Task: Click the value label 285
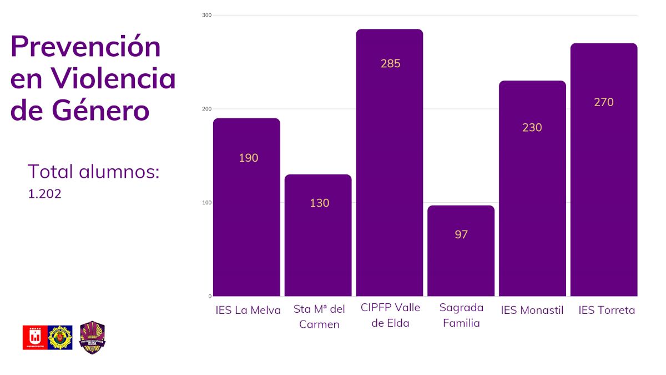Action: click(x=390, y=63)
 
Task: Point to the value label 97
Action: click(x=461, y=234)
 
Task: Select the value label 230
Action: click(x=532, y=127)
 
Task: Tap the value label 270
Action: click(x=603, y=102)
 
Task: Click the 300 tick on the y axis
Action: click(x=206, y=15)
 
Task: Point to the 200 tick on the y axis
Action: click(x=206, y=109)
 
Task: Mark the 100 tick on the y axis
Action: click(x=206, y=203)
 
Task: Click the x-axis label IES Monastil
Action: click(x=532, y=311)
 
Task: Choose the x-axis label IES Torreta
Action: click(x=607, y=311)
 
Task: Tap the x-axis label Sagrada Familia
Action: click(x=461, y=315)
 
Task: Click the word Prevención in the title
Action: click(x=85, y=47)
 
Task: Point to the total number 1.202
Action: click(x=44, y=194)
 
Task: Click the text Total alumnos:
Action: click(x=93, y=172)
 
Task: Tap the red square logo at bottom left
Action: click(x=35, y=337)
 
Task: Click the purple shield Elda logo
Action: click(x=93, y=337)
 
